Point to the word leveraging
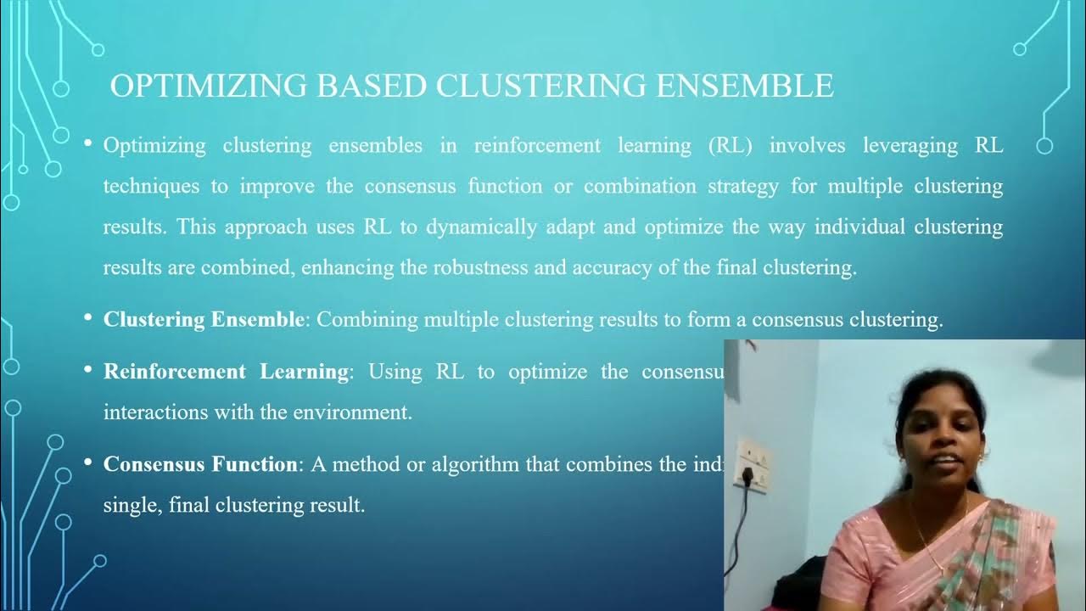pyautogui.click(x=910, y=145)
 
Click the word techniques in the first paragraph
pyautogui.click(x=152, y=186)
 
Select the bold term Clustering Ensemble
pyautogui.click(x=204, y=320)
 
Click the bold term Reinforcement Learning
pyautogui.click(x=226, y=372)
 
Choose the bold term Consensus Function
pyautogui.click(x=200, y=464)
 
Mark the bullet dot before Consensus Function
pyautogui.click(x=87, y=462)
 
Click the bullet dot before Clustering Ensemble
pyautogui.click(x=87, y=318)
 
